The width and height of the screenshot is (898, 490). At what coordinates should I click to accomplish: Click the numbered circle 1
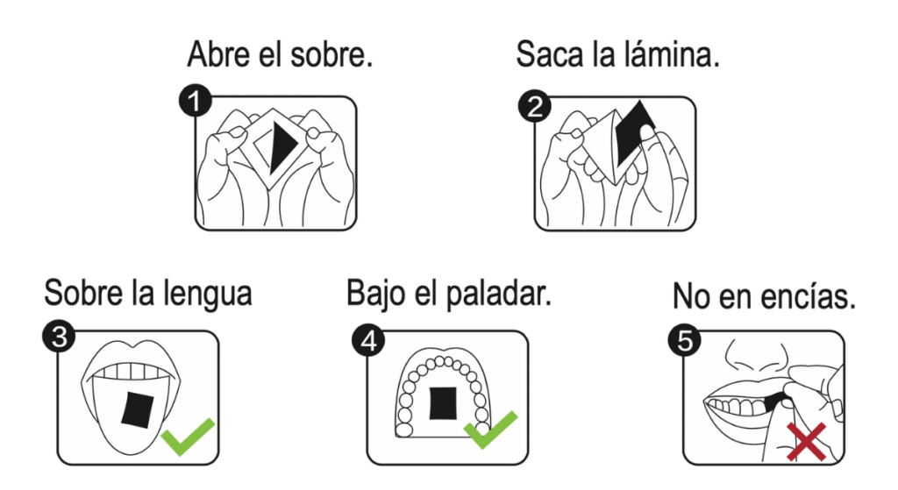click(195, 102)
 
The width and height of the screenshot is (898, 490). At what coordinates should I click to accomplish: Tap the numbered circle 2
click(534, 106)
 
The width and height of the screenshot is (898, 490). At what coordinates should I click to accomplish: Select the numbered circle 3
click(59, 337)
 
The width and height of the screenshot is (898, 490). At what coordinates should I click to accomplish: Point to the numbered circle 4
click(368, 341)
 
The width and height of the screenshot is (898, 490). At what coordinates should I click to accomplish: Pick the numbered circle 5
click(685, 340)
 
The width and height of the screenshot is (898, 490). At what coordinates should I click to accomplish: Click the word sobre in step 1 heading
click(331, 55)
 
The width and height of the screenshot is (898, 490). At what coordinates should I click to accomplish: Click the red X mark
click(807, 442)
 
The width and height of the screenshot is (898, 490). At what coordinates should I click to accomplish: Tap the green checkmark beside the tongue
click(188, 437)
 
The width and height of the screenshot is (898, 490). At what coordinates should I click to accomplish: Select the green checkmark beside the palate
click(491, 430)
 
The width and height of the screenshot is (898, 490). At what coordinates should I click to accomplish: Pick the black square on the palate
click(443, 403)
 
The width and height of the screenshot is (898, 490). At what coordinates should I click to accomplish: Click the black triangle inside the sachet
click(282, 146)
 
